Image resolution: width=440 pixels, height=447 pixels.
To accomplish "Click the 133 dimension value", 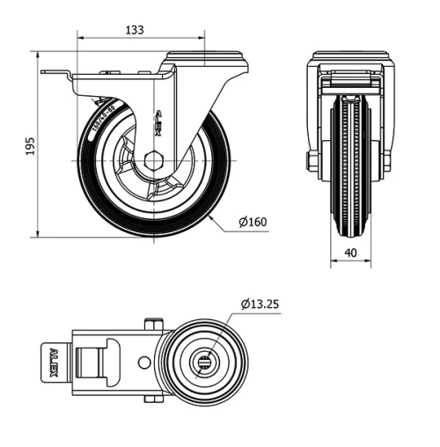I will [x=134, y=29].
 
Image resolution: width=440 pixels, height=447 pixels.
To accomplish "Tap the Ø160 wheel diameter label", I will [x=253, y=222].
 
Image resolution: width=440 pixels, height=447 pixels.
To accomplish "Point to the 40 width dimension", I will [x=351, y=253].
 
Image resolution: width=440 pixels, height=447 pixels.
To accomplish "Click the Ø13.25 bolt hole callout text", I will [x=260, y=304].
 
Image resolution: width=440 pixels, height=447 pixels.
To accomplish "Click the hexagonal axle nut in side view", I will [x=155, y=160].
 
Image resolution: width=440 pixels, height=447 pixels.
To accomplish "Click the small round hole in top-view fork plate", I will [x=143, y=363].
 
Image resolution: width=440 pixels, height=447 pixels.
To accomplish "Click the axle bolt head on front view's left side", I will [x=312, y=160].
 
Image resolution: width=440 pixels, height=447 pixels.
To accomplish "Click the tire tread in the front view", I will [x=350, y=176].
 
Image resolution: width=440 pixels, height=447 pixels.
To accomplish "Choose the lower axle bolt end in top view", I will [x=157, y=401].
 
